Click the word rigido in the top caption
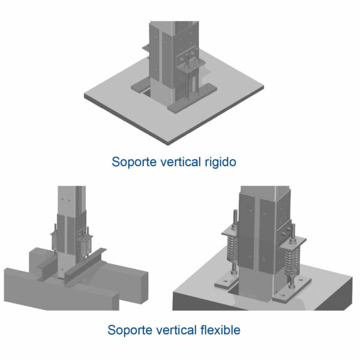[220, 162]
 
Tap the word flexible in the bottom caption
[220, 330]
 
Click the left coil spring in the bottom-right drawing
[233, 250]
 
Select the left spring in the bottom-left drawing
[55, 242]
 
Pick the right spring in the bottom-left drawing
[85, 246]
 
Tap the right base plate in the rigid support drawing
[192, 98]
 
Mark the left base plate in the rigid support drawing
[140, 85]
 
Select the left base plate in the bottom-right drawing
[226, 281]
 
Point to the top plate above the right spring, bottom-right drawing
[293, 243]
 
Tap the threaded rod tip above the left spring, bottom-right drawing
[235, 211]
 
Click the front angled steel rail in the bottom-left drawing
[85, 268]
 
